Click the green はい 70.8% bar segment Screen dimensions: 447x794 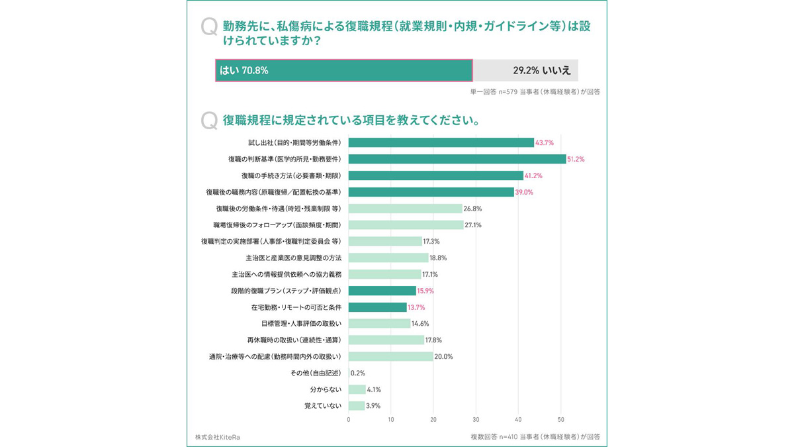point(344,70)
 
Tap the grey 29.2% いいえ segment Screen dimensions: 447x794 point(525,70)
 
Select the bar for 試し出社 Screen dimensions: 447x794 point(441,143)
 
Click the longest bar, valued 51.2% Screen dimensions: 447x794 point(457,160)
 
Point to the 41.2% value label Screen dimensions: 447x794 point(533,176)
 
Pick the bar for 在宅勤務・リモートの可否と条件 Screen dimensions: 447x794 point(377,307)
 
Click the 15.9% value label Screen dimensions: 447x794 point(425,291)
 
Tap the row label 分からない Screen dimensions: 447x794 point(326,390)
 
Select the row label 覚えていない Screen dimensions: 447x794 point(323,406)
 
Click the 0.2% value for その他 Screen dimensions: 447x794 point(358,373)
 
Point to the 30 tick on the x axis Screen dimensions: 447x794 point(476,420)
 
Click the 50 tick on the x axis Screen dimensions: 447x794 point(561,420)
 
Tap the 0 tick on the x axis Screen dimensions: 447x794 point(349,420)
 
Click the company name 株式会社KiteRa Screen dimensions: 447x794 point(218,437)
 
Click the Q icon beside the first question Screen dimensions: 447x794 point(209,28)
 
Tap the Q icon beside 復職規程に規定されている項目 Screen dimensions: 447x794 point(209,121)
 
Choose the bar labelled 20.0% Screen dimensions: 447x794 point(390,357)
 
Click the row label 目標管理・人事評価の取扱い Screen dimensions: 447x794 point(301,324)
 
